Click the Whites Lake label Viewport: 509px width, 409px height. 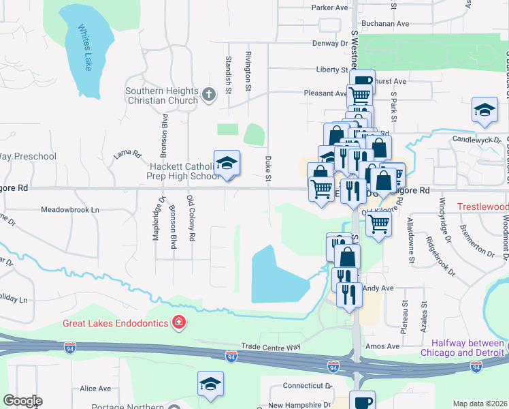(x=84, y=48)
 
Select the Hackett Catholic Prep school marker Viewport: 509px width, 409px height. (x=227, y=164)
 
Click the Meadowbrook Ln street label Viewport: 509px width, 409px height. (x=70, y=209)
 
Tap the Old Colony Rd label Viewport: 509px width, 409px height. (x=191, y=237)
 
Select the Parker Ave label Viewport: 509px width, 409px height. (x=329, y=7)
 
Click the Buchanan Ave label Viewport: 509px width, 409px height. (x=387, y=23)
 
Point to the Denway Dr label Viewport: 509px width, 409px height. (x=330, y=43)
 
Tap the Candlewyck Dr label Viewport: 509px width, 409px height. (x=476, y=139)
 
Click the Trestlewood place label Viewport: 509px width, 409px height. (x=482, y=206)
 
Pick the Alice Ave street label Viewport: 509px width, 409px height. (x=95, y=389)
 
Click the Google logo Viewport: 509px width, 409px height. (x=22, y=401)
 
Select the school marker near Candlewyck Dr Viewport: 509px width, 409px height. (x=484, y=112)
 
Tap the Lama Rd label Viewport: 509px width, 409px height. (x=127, y=155)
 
